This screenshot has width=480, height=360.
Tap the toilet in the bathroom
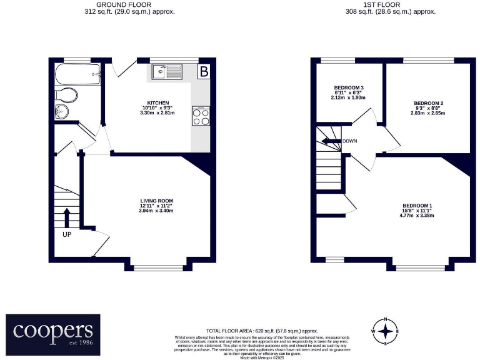66,95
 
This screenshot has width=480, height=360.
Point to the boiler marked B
203,72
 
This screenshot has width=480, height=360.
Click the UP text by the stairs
67,235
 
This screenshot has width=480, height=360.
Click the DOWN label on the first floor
349,141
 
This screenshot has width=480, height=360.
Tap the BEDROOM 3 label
349,87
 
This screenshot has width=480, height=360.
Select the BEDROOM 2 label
428,103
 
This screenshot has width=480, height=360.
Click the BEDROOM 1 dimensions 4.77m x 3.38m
417,216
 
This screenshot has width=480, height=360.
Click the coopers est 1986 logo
53,334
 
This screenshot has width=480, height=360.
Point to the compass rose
387,331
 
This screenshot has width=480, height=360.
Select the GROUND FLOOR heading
129,4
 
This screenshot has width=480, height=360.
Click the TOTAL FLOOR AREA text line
262,331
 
